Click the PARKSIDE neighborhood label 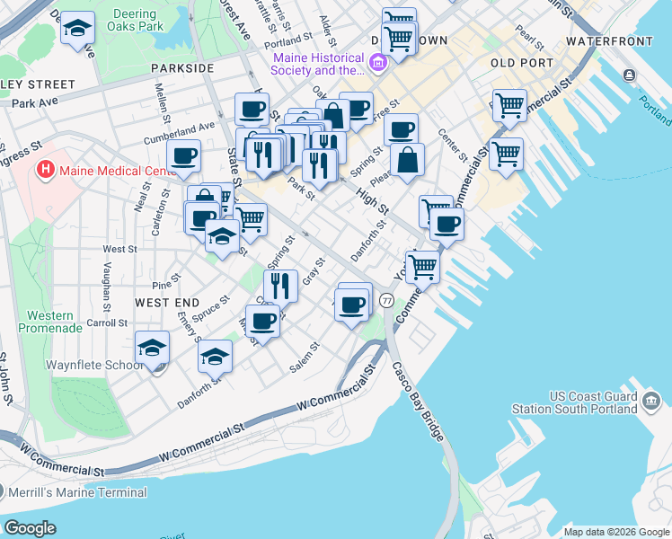(x=182, y=68)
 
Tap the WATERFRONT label (x=610, y=41)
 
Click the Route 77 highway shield (x=386, y=299)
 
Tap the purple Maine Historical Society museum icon (x=376, y=62)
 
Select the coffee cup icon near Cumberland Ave (x=184, y=155)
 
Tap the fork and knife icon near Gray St (x=280, y=285)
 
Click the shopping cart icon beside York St (x=421, y=265)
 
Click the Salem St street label (x=305, y=358)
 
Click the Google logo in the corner (x=30, y=527)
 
